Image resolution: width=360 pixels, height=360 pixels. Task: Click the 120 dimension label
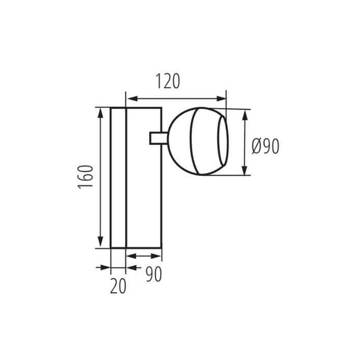point(168,81)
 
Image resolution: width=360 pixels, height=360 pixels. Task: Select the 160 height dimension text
point(86,177)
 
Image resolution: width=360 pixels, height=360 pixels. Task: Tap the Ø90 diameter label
point(265,146)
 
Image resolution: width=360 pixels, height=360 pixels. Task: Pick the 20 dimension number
point(118,286)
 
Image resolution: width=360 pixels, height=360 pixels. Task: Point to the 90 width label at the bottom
point(154,274)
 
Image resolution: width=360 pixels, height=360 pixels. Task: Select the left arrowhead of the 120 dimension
point(133,99)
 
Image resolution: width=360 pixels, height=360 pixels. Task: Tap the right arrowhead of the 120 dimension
point(221,99)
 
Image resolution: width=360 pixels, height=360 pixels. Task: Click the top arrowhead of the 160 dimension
point(100,113)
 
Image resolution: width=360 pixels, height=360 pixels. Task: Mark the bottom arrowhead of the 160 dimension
point(100,242)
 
